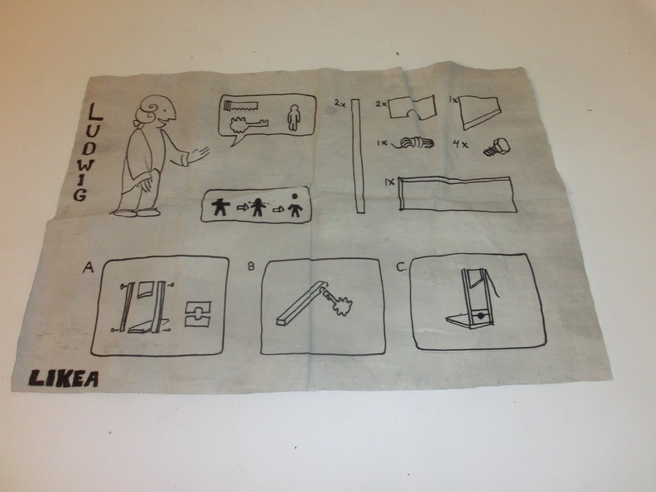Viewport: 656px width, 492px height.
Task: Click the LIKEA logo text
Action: pos(63,378)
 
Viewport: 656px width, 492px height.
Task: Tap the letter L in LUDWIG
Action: pos(95,112)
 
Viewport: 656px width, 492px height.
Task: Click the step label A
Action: pos(88,267)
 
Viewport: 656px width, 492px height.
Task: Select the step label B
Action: pos(251,266)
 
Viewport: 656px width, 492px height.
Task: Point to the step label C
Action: pos(401,267)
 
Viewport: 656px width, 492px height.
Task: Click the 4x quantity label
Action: pos(460,144)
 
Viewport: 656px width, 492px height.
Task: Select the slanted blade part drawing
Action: pos(480,113)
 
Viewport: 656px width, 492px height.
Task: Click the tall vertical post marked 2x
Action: pos(358,156)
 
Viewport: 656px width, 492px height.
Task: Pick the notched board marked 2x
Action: pos(413,109)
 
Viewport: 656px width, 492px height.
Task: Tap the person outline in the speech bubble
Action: pos(294,117)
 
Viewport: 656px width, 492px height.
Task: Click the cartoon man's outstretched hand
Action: pos(199,155)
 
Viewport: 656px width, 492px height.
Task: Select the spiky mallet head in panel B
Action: pos(343,306)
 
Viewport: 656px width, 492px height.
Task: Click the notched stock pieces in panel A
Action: pos(198,313)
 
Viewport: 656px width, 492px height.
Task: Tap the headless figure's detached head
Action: pos(295,196)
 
